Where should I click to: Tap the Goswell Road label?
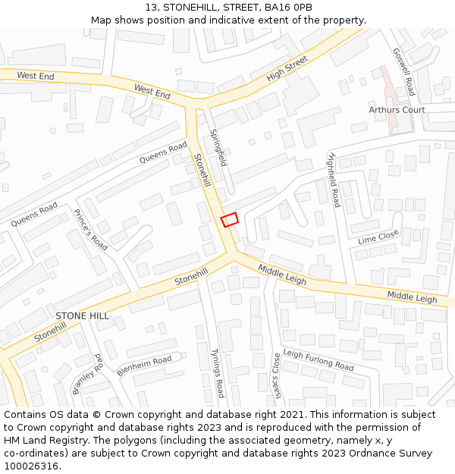point(403,72)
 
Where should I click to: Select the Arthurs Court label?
point(397,110)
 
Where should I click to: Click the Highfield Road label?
point(332,180)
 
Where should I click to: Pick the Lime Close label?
point(378,237)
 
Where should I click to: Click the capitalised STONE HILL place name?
point(82,315)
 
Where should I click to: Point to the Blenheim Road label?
point(144,366)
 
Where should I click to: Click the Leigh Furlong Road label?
point(318,359)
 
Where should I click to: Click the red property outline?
point(230,219)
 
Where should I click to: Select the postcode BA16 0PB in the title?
point(287,8)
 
